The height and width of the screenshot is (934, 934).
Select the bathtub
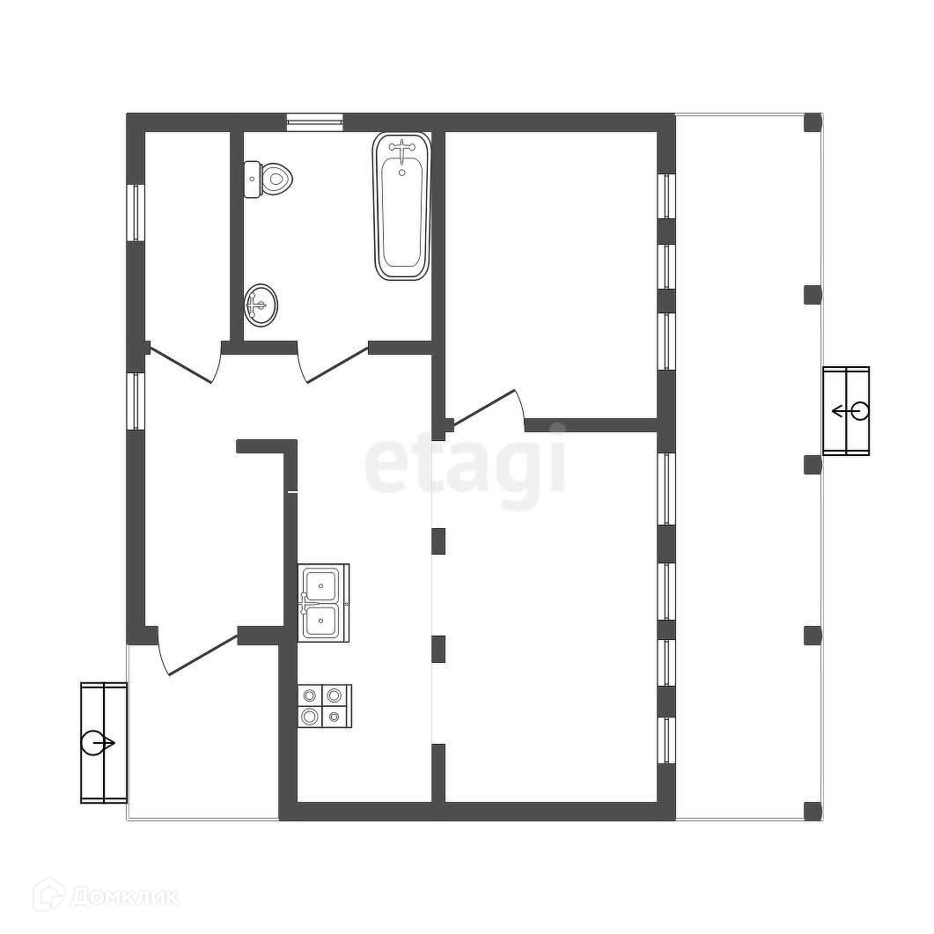pos(401,207)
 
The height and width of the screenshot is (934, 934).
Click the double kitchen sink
pos(322,603)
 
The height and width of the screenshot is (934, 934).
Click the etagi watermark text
pos(466,465)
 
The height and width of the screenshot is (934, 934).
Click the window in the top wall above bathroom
pos(314,122)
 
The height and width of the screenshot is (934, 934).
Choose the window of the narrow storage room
pos(136,211)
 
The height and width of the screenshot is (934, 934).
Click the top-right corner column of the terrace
pos(813,122)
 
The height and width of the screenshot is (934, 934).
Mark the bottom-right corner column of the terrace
pos(813,811)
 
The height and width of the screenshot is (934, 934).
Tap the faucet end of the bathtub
pos(401,151)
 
